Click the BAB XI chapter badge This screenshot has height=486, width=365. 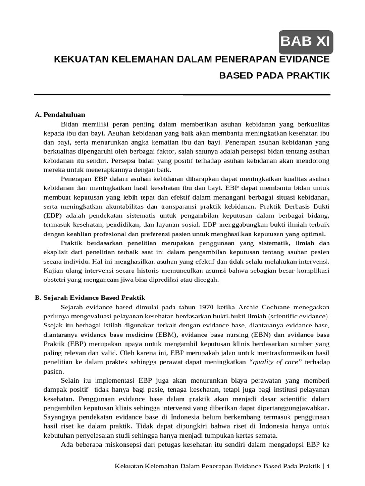(306, 42)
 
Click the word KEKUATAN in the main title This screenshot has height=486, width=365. (80, 59)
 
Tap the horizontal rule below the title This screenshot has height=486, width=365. (182, 95)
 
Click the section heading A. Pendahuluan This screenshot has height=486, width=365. (60, 115)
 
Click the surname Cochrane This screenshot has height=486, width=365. (269, 307)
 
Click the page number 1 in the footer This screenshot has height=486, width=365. (328, 466)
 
